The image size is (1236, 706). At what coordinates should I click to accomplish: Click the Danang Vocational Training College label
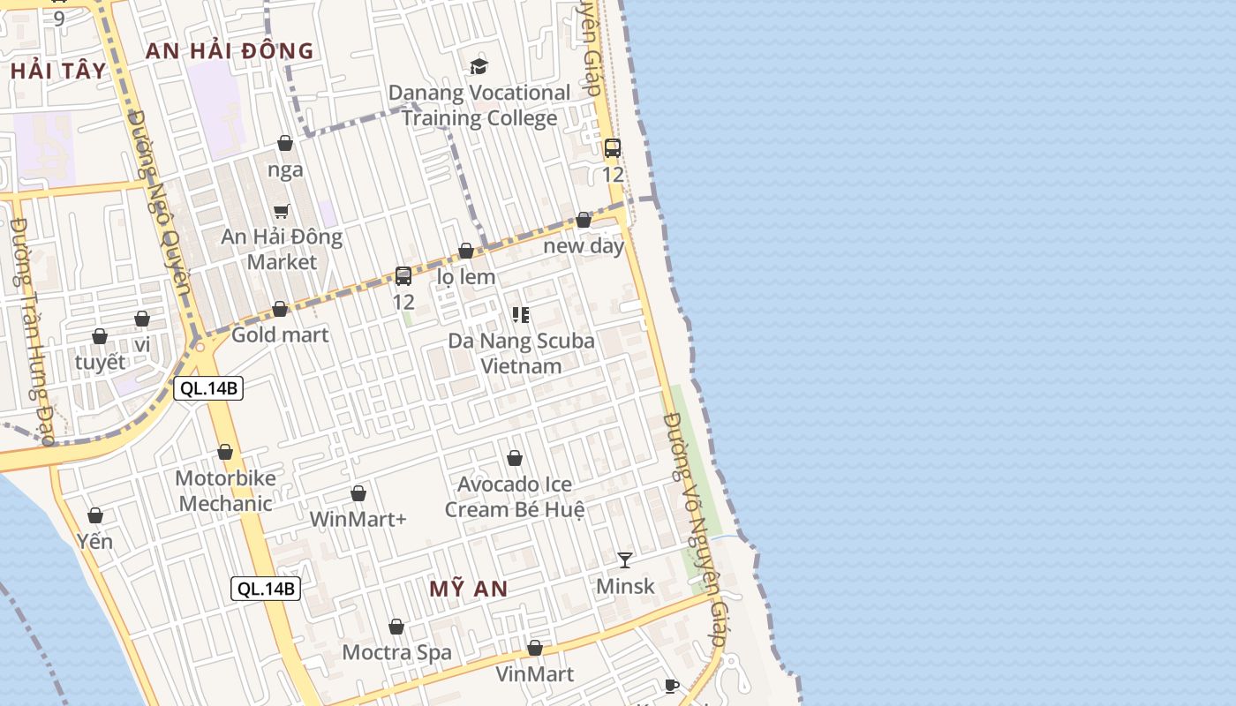coord(479,105)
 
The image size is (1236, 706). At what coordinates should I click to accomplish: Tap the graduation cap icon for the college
coord(479,66)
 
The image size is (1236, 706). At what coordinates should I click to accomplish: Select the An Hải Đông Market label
coord(282,249)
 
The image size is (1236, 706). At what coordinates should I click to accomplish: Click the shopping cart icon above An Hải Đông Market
coord(282,211)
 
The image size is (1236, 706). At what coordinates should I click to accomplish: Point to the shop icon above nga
coord(285,143)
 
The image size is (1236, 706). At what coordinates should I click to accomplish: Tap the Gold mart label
coord(280,334)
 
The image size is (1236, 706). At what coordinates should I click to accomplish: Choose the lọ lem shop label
coord(466,276)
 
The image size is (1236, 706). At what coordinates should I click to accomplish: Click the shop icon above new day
coord(584,220)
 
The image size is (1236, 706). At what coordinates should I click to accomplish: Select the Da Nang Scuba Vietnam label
coord(521,353)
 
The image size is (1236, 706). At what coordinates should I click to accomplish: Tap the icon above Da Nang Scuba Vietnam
coord(521,314)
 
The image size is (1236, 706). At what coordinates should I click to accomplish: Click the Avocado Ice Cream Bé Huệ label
coord(515,497)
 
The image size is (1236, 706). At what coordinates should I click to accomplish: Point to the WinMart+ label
coord(358,519)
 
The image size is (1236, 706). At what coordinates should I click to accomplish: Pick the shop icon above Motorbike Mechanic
coord(225,453)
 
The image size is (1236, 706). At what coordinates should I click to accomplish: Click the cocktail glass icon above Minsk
coord(625,560)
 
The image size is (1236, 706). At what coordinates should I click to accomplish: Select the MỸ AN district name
coord(469,589)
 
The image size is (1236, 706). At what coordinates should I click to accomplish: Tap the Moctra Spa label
coord(396,652)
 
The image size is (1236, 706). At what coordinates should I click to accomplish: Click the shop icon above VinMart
coord(534,649)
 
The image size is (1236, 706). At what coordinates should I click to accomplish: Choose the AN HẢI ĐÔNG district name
coord(230,50)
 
